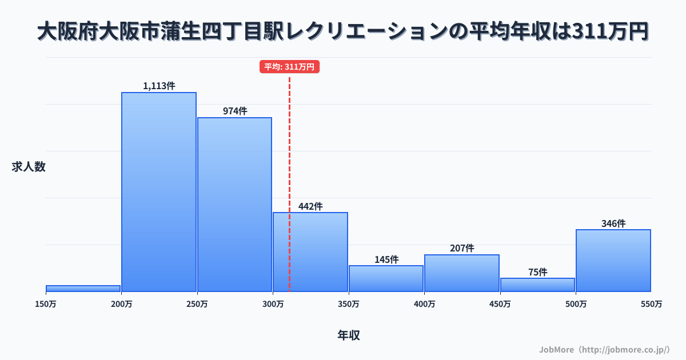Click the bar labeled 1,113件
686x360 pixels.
(159, 192)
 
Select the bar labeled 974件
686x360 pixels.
(234, 205)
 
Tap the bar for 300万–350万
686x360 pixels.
(310, 252)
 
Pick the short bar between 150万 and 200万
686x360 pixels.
(83, 289)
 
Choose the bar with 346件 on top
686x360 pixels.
(613, 261)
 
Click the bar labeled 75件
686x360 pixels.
(537, 285)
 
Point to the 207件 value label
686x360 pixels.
(462, 248)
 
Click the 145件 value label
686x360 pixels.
(386, 259)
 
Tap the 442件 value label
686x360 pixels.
(310, 206)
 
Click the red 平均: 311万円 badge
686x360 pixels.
(289, 67)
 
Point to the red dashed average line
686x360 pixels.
(289, 143)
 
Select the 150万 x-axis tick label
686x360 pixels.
(46, 304)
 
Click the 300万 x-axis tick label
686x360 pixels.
(273, 304)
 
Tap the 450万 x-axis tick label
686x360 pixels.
(500, 304)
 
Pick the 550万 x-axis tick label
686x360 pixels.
(651, 304)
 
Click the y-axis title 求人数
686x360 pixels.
(29, 167)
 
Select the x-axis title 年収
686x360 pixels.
(349, 335)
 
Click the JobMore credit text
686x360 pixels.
(604, 349)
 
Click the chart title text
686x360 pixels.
(343, 32)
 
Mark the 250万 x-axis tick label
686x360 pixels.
(197, 304)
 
